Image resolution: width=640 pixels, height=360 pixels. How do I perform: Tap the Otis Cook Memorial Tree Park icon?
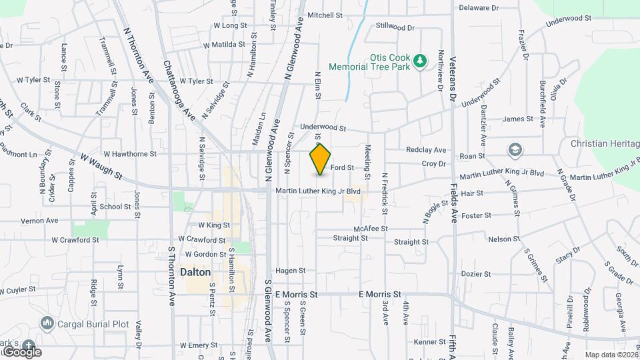419,61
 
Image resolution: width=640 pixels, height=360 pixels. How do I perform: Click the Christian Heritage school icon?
515,150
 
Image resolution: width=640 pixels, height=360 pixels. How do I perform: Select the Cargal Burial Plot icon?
47,324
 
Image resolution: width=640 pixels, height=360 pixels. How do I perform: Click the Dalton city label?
195,273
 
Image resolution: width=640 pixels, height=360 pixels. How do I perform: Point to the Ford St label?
341,167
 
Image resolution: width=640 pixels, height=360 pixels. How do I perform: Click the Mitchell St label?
325,15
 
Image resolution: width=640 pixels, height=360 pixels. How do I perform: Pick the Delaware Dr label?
479,8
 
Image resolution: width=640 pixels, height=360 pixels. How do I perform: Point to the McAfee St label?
371,228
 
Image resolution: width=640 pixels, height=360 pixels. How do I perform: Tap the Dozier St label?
476,273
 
